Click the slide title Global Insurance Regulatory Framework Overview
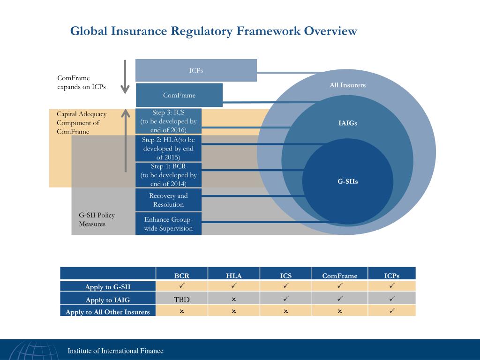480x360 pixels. [x=214, y=31]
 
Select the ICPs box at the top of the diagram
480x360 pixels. [x=196, y=70]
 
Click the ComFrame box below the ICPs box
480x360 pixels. [x=179, y=95]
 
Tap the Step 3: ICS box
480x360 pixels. [x=168, y=121]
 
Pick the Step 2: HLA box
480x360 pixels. [x=168, y=148]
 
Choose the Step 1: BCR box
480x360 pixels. [x=168, y=175]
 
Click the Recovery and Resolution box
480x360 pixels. [x=168, y=200]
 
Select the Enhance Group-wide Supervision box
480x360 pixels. [x=168, y=224]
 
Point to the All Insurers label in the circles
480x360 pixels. [x=347, y=85]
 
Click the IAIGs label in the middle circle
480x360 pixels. [x=347, y=123]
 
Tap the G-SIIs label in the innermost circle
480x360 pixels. [x=347, y=181]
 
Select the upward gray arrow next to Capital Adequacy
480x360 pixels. [x=125, y=140]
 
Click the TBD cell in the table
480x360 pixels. [x=182, y=299]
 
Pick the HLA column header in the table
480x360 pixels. [x=233, y=276]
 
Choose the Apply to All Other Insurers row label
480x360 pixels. [x=108, y=312]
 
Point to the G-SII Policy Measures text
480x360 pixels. [x=97, y=219]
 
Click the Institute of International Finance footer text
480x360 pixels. [x=116, y=351]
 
